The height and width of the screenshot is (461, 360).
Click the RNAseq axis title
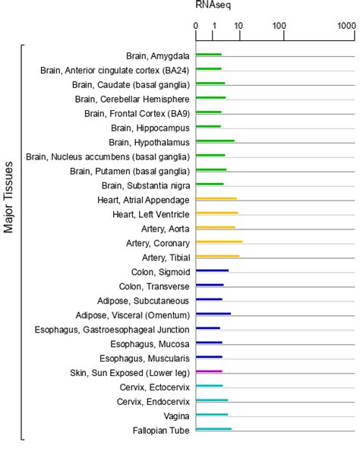point(213,5)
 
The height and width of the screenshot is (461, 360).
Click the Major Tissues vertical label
point(9,197)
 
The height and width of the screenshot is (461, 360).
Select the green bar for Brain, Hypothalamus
point(215,141)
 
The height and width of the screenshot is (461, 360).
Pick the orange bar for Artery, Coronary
point(219,242)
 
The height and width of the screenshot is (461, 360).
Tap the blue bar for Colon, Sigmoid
point(212,270)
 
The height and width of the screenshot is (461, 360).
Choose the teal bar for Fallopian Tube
point(213,430)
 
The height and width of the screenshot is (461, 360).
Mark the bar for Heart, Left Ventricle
point(216,213)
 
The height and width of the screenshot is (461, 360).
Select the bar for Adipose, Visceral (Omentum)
point(213,314)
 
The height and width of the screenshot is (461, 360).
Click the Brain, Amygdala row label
point(158,55)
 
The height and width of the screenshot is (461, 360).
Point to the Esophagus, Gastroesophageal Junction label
point(112,329)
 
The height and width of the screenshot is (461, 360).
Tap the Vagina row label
point(176,415)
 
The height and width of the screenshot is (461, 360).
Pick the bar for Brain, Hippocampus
point(208,127)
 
